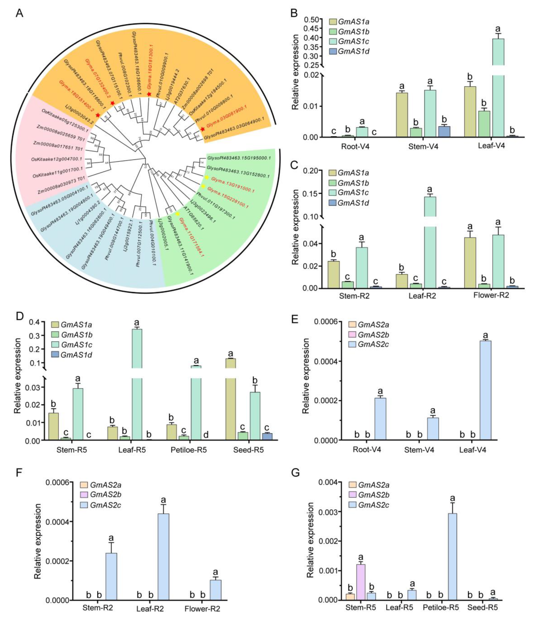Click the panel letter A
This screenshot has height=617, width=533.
pos(19,14)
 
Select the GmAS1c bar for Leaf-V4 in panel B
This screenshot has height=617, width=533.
pos(498,88)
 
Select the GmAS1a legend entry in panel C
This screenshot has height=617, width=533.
pos(349,173)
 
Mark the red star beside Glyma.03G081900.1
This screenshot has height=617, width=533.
pos(202,129)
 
